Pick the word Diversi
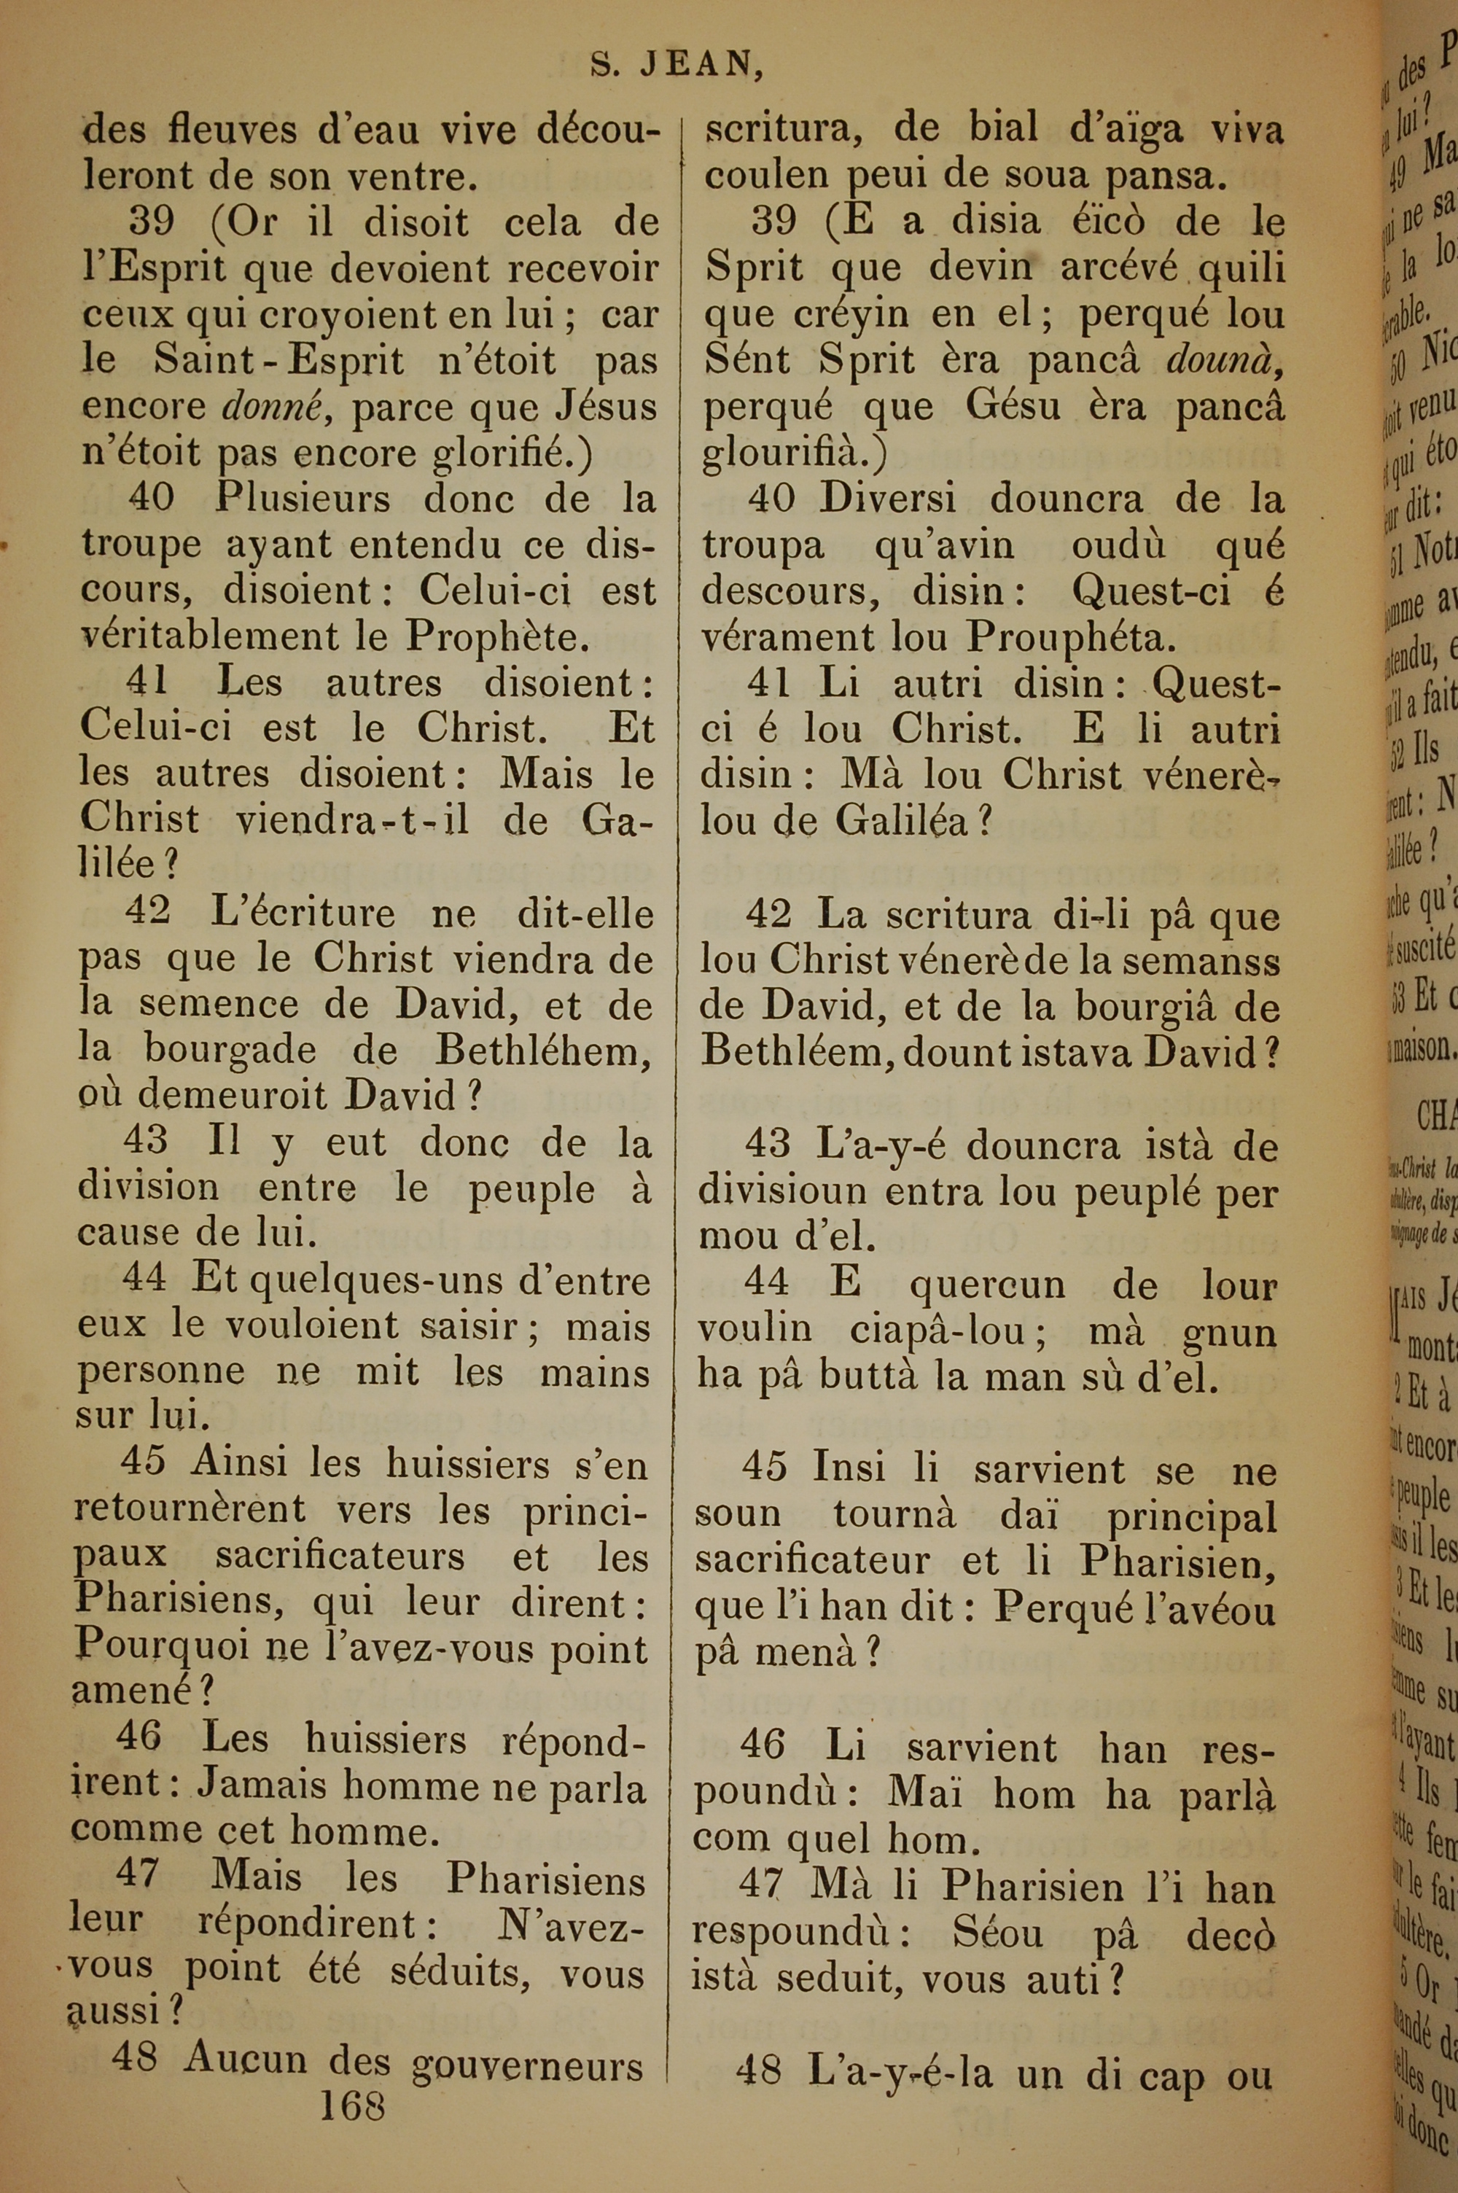point(887,499)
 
